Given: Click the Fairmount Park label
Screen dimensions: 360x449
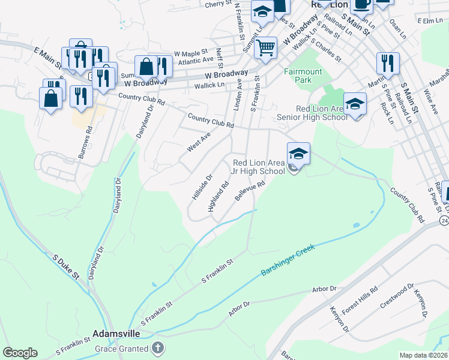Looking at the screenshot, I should pyautogui.click(x=303, y=76).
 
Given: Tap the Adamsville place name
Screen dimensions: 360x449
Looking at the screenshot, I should pyautogui.click(x=116, y=333).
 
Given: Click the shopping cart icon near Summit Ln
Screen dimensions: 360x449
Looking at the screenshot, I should pyautogui.click(x=265, y=47).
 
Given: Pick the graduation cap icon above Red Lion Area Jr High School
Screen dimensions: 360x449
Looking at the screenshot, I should pyautogui.click(x=298, y=154).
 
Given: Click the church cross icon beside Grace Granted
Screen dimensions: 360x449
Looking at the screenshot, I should pyautogui.click(x=158, y=348).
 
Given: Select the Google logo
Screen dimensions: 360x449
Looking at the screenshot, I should pyautogui.click(x=20, y=353).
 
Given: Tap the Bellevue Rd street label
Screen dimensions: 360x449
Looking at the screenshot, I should pyautogui.click(x=250, y=193).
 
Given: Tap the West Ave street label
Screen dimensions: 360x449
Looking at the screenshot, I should pyautogui.click(x=199, y=143).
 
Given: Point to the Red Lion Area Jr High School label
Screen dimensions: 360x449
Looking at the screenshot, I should pyautogui.click(x=259, y=167).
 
